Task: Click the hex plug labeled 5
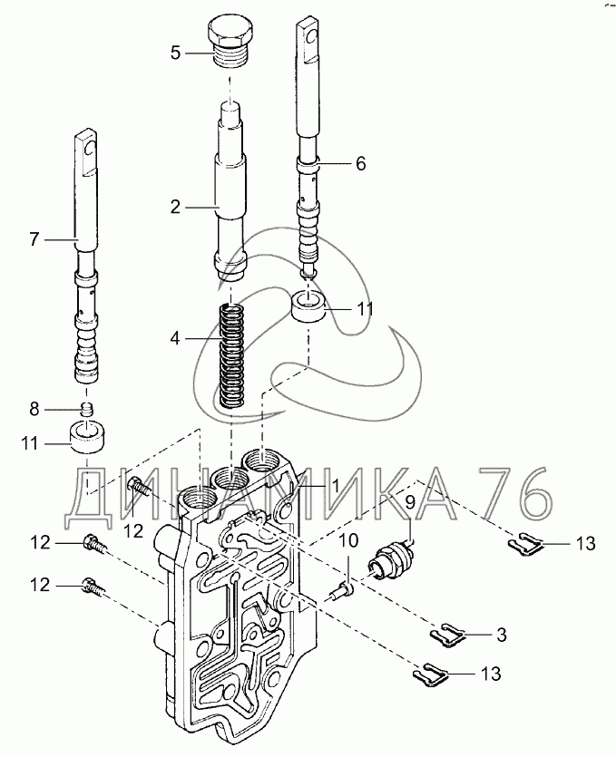[228, 44]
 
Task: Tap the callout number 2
[175, 208]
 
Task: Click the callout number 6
[360, 163]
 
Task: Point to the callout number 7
[34, 239]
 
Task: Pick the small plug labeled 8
[86, 409]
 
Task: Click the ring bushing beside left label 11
[87, 437]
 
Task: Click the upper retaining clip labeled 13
[526, 543]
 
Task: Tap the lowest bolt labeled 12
[94, 587]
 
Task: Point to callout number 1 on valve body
[335, 486]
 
